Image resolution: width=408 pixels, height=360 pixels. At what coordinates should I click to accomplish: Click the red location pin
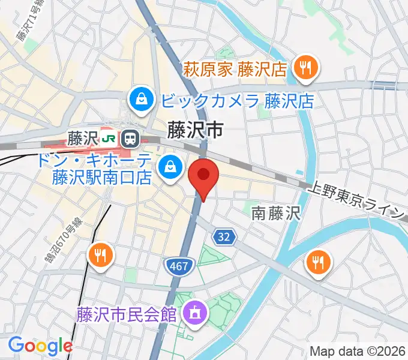[x=203, y=176]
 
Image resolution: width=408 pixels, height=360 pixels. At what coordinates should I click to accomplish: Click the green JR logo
[x=109, y=139]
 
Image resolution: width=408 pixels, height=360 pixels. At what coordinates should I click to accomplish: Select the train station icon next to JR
[x=129, y=139]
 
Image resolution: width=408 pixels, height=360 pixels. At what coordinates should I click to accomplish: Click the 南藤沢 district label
[x=275, y=212]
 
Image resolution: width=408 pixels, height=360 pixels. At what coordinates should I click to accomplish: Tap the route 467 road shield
[x=178, y=264]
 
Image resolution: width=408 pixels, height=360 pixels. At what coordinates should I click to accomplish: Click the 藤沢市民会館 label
[x=126, y=313]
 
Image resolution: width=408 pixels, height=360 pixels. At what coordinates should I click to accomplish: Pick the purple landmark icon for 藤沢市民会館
[x=195, y=312]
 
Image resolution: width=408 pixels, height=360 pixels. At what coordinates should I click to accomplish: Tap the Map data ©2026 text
[x=358, y=351]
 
